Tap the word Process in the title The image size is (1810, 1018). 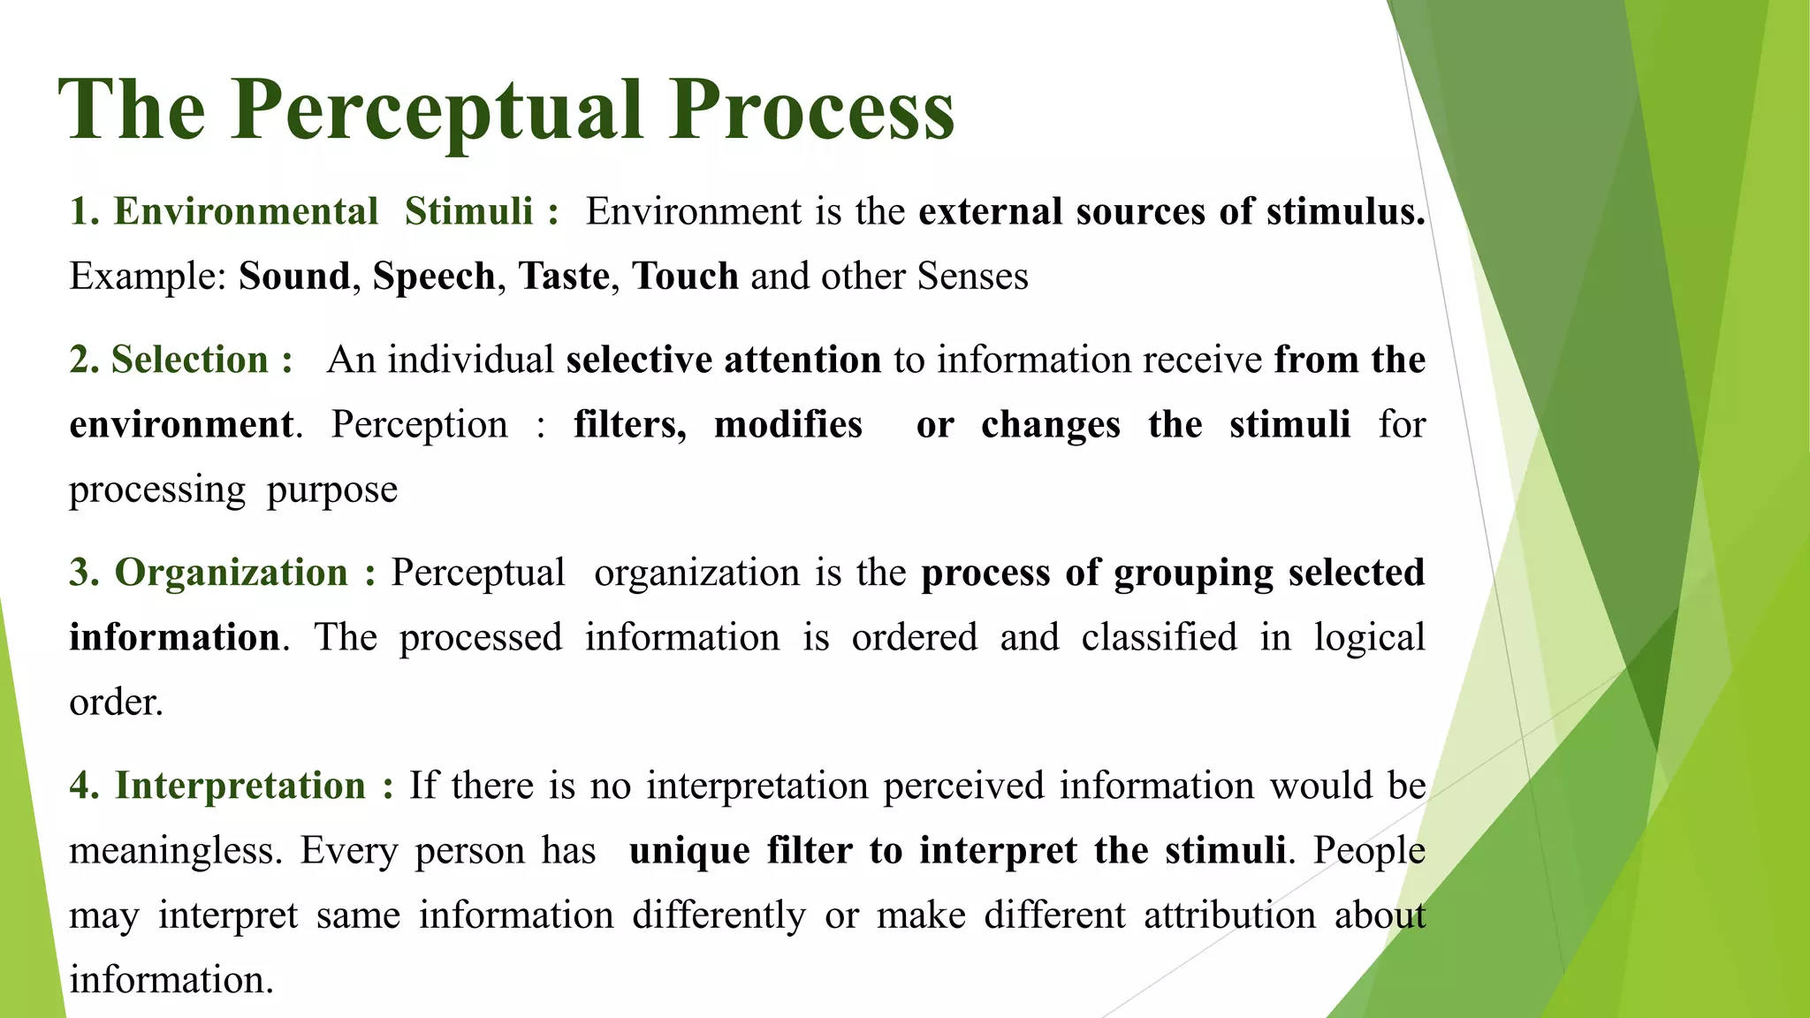pyautogui.click(x=811, y=110)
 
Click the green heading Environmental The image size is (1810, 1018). pyautogui.click(x=246, y=212)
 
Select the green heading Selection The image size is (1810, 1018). pyautogui.click(x=189, y=360)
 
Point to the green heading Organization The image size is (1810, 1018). pyautogui.click(x=232, y=573)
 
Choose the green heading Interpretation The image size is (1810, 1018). pyautogui.click(x=240, y=786)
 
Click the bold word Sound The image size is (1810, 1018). pyautogui.click(x=294, y=277)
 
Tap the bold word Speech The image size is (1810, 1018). pyautogui.click(x=433, y=277)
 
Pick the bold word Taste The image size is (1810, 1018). pyautogui.click(x=563, y=277)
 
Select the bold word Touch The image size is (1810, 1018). pyautogui.click(x=684, y=277)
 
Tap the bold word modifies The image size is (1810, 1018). pyautogui.click(x=787, y=424)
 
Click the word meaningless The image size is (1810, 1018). pyautogui.click(x=176, y=851)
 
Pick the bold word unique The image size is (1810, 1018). pyautogui.click(x=689, y=851)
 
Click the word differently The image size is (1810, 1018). pyautogui.click(x=719, y=915)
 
